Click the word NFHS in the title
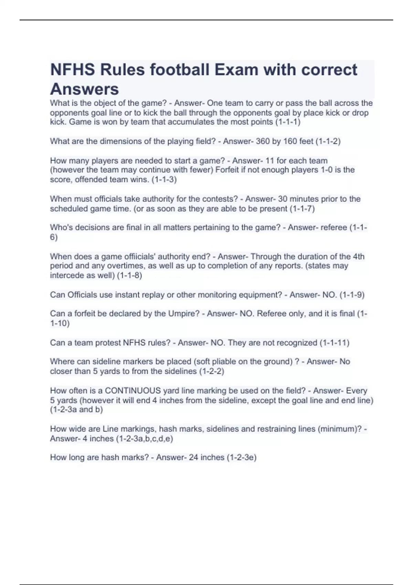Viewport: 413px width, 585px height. (x=73, y=70)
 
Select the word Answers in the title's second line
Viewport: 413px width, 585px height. (x=84, y=89)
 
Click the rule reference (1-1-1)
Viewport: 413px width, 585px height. (x=288, y=122)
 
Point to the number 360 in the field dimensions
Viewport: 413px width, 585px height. (x=263, y=141)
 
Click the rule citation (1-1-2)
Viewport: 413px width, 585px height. (x=328, y=141)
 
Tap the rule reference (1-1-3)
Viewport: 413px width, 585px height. (x=164, y=180)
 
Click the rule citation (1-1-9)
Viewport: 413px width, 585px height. (x=352, y=295)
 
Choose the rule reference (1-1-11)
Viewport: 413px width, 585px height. (x=335, y=343)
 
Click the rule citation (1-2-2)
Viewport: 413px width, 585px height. (x=212, y=371)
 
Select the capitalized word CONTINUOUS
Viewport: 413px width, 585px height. (x=133, y=391)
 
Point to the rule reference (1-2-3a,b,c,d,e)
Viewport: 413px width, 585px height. (x=145, y=439)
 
